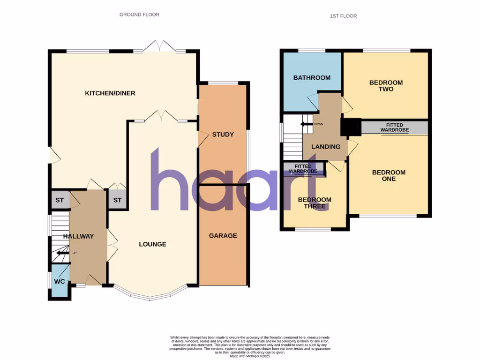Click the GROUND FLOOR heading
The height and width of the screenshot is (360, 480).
139,15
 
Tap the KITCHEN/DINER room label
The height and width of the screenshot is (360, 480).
110,93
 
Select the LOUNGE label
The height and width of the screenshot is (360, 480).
152,244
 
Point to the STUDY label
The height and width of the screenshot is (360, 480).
223,135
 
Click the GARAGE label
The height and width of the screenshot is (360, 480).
223,236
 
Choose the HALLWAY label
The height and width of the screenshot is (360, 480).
79,236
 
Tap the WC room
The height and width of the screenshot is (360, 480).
60,282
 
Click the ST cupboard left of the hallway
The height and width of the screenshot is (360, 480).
60,200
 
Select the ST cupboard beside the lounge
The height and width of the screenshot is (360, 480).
117,200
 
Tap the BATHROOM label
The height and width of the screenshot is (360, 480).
312,78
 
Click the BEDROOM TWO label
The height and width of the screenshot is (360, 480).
386,86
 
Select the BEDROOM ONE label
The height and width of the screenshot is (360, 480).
389,175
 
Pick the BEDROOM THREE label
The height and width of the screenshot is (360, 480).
315,203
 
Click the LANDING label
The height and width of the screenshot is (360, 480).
326,147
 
